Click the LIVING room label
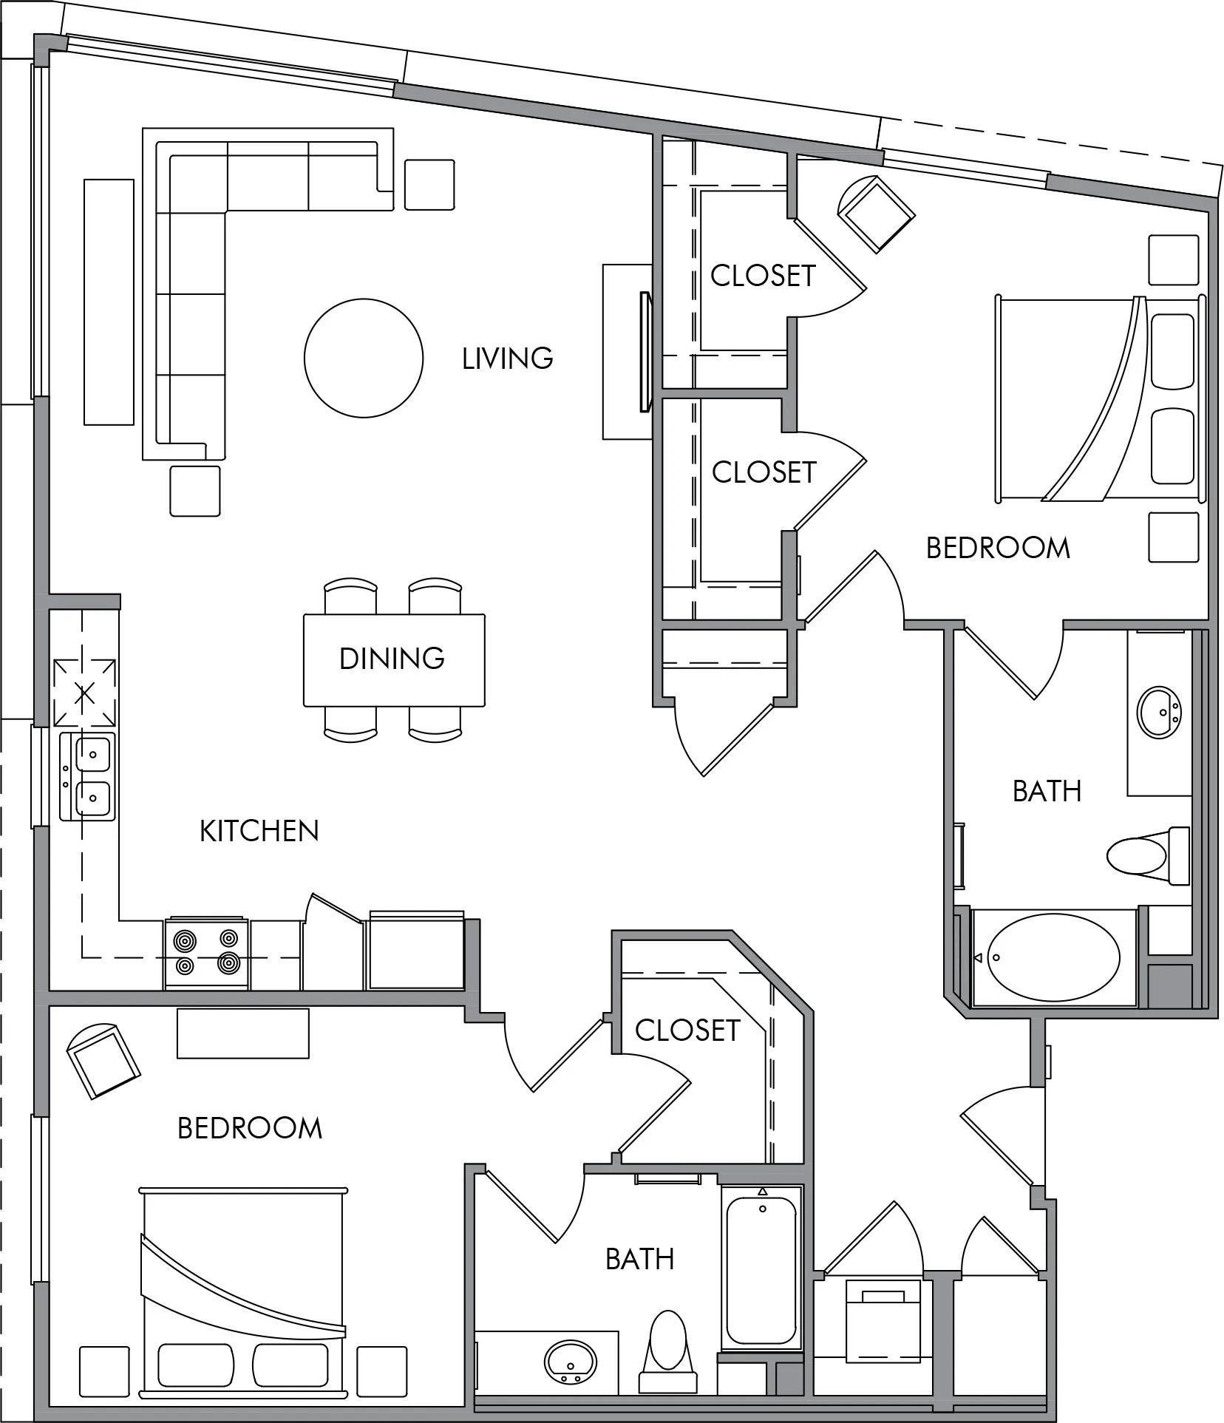tap(507, 359)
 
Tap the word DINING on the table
tap(392, 658)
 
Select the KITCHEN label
tap(259, 831)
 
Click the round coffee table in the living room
tap(364, 358)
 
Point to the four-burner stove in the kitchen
tap(206, 954)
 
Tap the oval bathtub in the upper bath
tap(1054, 958)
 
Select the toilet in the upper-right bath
tap(1148, 855)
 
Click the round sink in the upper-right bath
tap(1159, 712)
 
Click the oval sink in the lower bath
tap(571, 1361)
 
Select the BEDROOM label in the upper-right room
tap(998, 548)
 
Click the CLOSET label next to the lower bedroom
tap(687, 1030)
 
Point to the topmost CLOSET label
tap(763, 276)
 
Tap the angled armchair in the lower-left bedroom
tap(103, 1060)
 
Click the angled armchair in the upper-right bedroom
tap(876, 214)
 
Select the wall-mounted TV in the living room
tap(646, 352)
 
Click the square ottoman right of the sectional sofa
tap(429, 185)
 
